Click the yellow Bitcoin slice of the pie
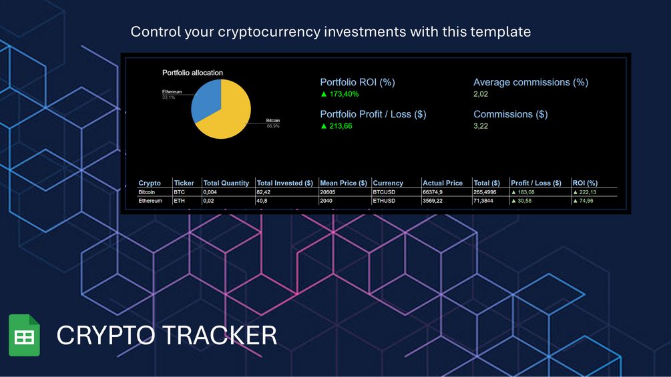tap(227, 117)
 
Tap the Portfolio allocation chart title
tap(192, 73)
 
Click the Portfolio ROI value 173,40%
tap(343, 94)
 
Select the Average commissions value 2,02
tap(481, 94)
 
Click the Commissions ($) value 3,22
tap(481, 126)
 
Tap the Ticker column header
tap(184, 183)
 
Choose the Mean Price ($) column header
tap(343, 183)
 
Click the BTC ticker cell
tap(179, 192)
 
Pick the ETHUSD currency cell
tap(385, 200)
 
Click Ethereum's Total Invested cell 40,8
tap(262, 200)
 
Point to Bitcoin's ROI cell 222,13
tap(587, 192)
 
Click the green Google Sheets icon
tap(24, 335)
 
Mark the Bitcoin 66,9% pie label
tap(273, 123)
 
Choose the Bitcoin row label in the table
tap(146, 192)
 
